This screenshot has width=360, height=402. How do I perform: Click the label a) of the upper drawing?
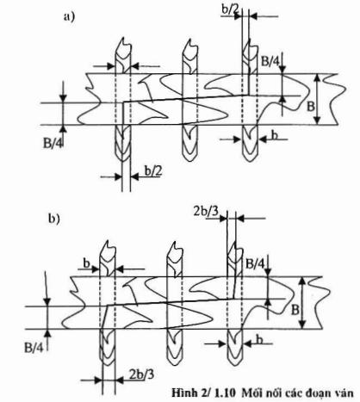69,17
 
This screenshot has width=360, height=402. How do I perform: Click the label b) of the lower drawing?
53,219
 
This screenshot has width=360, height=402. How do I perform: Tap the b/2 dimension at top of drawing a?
230,9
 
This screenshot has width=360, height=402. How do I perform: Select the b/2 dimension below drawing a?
153,171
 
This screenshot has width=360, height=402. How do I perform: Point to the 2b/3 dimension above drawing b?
206,211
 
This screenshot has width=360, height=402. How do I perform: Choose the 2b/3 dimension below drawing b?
141,374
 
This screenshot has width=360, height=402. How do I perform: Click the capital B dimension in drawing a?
311,107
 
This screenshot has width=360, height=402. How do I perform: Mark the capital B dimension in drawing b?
295,310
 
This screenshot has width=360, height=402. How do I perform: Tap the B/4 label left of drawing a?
53,143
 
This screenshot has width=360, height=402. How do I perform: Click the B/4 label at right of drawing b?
255,263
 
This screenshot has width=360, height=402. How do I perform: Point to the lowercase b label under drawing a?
275,135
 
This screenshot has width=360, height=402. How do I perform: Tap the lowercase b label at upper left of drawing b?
86,263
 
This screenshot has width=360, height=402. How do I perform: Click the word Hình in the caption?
182,393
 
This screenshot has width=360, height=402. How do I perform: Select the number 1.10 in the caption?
225,393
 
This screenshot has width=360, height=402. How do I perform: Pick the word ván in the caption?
344,393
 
